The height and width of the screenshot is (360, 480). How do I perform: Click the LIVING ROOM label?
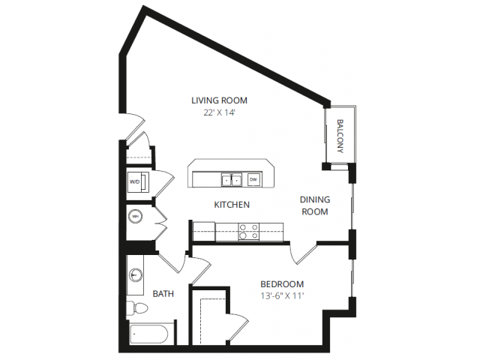coord(219,100)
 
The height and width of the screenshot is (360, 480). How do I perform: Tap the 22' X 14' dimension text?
coord(219,112)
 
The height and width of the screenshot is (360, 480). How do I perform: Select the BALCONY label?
coord(340,136)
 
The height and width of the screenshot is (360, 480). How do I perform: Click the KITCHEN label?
coord(232,205)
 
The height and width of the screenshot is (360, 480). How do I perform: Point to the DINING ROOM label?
coord(315,205)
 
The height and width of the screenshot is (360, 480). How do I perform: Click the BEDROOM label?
coord(282,284)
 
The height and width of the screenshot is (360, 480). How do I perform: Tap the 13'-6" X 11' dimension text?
coord(282,296)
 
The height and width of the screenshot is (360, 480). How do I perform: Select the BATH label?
coord(163,294)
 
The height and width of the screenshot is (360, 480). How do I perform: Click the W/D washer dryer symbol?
coord(138,181)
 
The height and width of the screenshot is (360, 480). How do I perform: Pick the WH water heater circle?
coord(135,217)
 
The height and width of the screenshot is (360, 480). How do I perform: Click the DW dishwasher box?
coord(253,180)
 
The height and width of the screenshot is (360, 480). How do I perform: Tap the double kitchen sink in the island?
coord(232,180)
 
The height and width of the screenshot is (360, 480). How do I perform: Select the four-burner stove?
coord(248,232)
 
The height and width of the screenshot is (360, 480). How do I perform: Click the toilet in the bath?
coord(137,308)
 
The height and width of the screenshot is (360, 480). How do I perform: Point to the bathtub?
coord(148,334)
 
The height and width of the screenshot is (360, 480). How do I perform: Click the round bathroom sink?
coord(135,274)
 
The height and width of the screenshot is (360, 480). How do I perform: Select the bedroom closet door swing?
coord(238,327)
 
